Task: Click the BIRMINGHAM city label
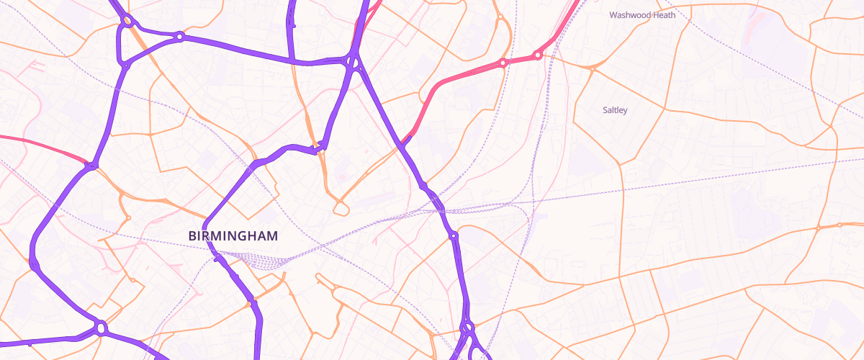[x=233, y=236]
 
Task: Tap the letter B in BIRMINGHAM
[x=192, y=236]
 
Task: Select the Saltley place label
[x=615, y=110]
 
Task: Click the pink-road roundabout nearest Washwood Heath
[x=537, y=55]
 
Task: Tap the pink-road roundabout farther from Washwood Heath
[x=503, y=63]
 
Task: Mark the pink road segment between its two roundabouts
[x=520, y=59]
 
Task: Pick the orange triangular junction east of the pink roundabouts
[x=592, y=68]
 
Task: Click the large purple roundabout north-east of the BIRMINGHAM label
[x=352, y=63]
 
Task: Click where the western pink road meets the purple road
[x=89, y=165]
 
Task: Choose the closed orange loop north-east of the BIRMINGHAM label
[x=341, y=210]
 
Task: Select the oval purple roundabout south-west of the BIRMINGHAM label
[x=101, y=328]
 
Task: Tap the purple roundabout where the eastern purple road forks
[x=468, y=328]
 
